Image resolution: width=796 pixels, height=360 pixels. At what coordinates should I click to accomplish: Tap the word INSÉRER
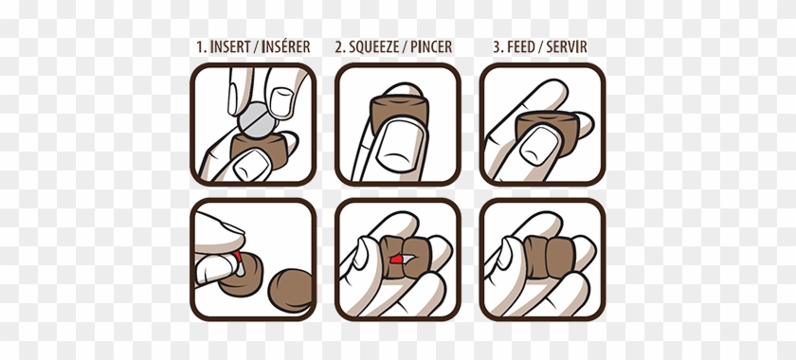286,46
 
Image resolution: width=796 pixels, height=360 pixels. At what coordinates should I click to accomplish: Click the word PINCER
431,47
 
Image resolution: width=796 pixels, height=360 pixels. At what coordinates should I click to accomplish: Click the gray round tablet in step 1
258,120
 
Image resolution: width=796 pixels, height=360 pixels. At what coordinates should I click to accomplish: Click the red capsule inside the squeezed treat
397,260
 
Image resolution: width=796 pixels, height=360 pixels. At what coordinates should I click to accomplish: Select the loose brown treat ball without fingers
290,291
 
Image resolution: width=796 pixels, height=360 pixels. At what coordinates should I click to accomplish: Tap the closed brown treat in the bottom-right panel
550,259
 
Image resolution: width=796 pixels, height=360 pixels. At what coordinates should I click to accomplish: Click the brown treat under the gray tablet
260,151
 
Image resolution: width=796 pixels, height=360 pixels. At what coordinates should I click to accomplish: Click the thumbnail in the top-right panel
540,145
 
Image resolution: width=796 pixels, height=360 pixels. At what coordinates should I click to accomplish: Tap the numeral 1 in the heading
200,47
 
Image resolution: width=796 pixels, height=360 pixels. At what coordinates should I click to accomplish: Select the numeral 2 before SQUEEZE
339,47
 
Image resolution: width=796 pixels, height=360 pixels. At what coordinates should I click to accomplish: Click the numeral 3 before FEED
497,47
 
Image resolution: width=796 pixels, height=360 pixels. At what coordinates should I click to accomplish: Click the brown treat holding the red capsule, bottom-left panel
241,279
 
